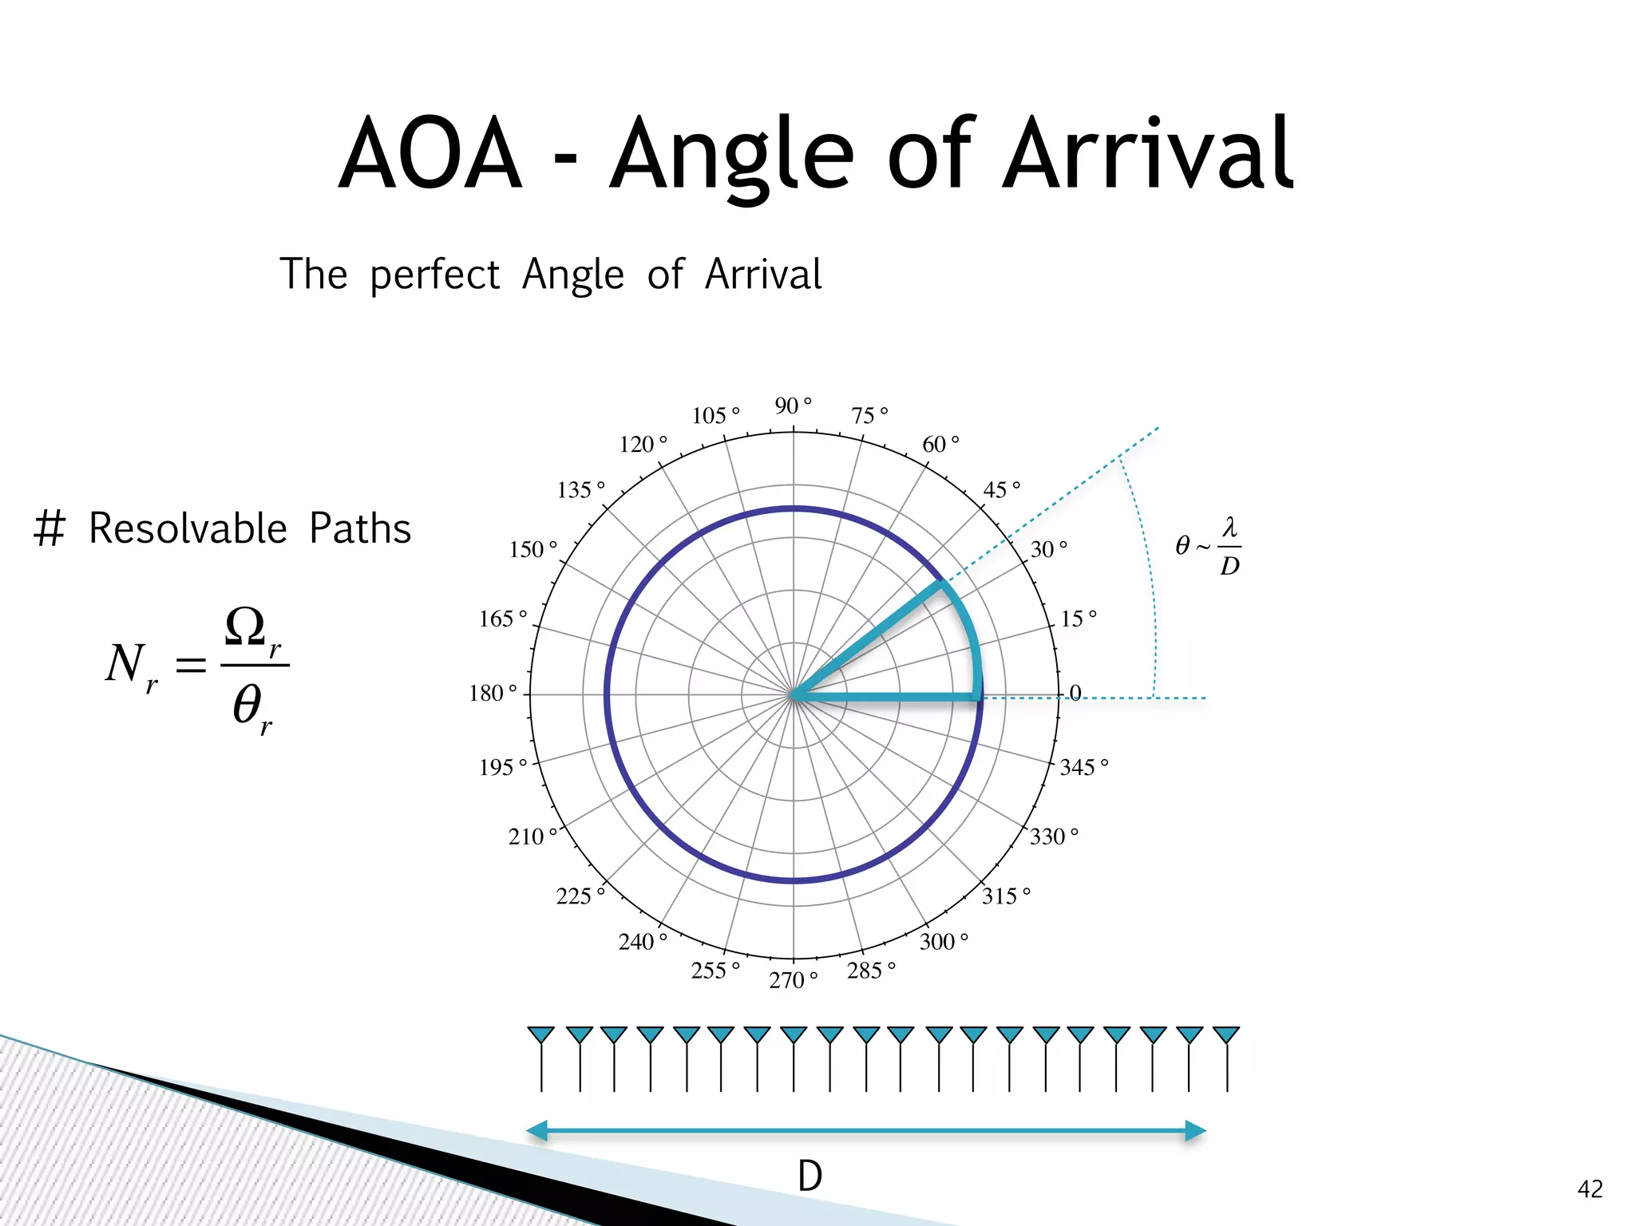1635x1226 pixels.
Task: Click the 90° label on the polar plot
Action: [x=792, y=405]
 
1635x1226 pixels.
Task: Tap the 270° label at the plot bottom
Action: [x=792, y=979]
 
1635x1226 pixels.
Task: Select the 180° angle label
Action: [x=493, y=693]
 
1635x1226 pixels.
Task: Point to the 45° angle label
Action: [x=1000, y=489]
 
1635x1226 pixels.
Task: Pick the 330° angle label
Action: [x=1053, y=836]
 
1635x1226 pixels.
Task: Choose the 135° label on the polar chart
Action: [x=580, y=489]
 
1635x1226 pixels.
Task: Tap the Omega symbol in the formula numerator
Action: [x=245, y=627]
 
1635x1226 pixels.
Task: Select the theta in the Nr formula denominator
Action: [x=247, y=704]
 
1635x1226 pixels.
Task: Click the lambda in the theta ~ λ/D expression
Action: [x=1229, y=528]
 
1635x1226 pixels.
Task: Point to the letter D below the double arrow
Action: [x=810, y=1176]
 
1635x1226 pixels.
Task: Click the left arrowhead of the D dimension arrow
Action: [x=537, y=1130]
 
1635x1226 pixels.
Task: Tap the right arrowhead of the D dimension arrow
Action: [x=1195, y=1130]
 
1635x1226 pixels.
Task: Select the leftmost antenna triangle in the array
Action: [x=541, y=1035]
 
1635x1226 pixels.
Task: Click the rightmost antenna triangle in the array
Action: [x=1225, y=1035]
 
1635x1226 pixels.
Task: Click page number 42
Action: [x=1589, y=1189]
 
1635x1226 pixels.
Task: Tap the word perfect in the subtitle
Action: [x=434, y=275]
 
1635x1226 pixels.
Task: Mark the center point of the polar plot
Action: [x=793, y=694]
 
